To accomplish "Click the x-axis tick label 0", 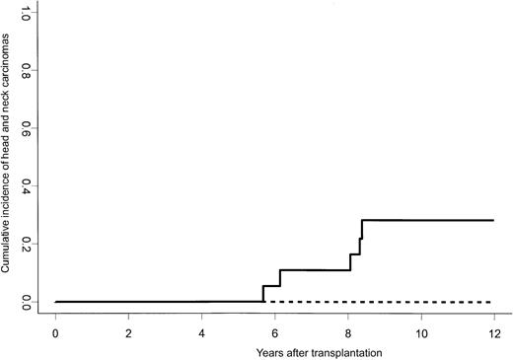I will click(56, 332).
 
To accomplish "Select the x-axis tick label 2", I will click(129, 332).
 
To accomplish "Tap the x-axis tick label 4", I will click(202, 332).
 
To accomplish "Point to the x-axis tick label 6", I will click(275, 332).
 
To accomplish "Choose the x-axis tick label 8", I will click(348, 332).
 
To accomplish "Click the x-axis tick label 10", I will click(421, 332).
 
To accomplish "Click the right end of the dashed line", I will click(493, 301).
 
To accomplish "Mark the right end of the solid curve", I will click(493, 220).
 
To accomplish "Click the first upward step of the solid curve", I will click(263, 293).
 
